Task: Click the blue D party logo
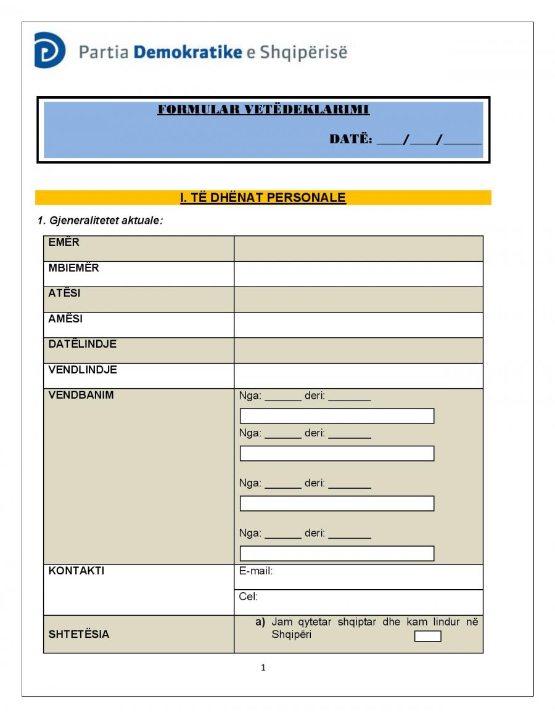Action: click(x=49, y=50)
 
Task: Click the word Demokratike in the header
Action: click(x=187, y=52)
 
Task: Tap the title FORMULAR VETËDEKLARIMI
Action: click(x=263, y=110)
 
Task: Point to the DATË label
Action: click(x=350, y=139)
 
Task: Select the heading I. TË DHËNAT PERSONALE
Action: click(x=263, y=198)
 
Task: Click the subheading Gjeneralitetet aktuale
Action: click(x=100, y=220)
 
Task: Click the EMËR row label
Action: click(x=64, y=242)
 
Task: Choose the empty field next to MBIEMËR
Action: click(x=358, y=274)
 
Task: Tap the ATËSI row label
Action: click(x=64, y=293)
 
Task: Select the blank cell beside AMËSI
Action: click(x=358, y=325)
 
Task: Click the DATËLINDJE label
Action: click(x=82, y=344)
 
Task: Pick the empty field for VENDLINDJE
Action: click(x=358, y=376)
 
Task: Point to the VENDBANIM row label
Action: click(x=81, y=395)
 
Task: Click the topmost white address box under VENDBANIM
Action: click(x=337, y=416)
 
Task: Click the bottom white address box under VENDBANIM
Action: click(x=337, y=553)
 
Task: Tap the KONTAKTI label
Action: click(x=76, y=571)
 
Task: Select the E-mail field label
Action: click(x=256, y=571)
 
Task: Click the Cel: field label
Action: click(x=249, y=597)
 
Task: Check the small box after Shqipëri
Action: click(x=427, y=636)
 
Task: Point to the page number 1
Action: click(x=263, y=667)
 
